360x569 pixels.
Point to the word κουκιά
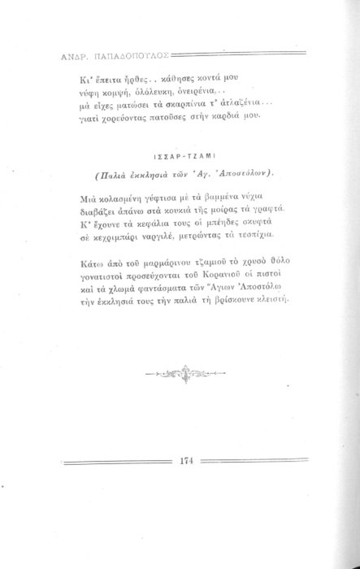point(189,211)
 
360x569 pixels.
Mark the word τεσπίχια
point(267,237)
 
